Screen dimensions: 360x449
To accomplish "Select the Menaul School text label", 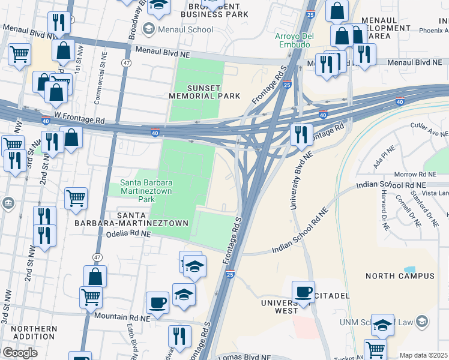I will (185, 29).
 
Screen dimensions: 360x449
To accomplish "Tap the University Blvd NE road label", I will (303, 181).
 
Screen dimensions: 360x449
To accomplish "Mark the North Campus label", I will (400, 276).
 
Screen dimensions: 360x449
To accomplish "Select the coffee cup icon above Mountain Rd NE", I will (158, 303).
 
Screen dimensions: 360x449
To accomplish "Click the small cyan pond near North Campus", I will (410, 269).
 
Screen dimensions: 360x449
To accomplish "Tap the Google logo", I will (20, 353).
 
